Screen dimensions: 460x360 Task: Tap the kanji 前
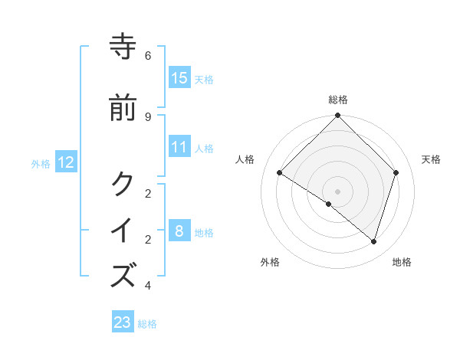(x=123, y=108)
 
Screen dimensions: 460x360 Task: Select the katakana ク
(x=123, y=184)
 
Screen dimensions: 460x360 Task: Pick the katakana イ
(x=123, y=230)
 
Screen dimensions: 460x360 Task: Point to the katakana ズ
(x=123, y=275)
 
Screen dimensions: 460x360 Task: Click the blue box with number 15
(x=179, y=78)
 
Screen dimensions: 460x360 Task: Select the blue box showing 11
(x=179, y=147)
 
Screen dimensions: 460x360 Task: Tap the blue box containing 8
(x=179, y=231)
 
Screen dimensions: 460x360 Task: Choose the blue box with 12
(x=66, y=162)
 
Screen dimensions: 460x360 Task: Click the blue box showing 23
(x=123, y=322)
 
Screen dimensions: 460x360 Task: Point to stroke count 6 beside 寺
(x=148, y=56)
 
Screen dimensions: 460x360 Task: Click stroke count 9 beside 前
(x=148, y=116)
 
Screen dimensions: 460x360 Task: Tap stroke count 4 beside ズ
(x=148, y=286)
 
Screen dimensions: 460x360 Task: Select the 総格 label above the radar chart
(x=338, y=100)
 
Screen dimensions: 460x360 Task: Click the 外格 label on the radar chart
(x=270, y=263)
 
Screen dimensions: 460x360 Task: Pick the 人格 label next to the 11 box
(x=204, y=148)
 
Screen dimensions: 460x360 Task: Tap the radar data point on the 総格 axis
(x=338, y=116)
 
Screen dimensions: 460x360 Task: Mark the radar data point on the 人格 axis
(x=280, y=173)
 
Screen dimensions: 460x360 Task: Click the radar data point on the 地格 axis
(x=373, y=241)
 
